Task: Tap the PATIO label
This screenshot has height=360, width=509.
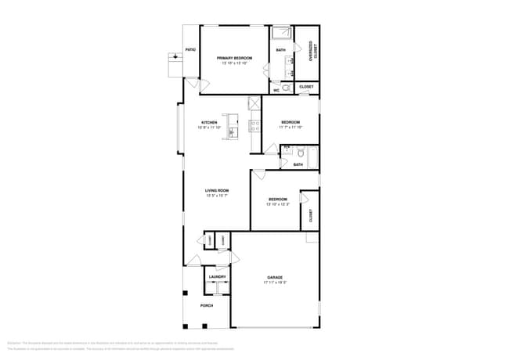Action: tap(190, 49)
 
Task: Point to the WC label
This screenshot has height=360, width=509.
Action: tap(276, 90)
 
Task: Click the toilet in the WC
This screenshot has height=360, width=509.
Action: tap(286, 88)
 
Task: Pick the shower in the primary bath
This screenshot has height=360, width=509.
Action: tap(281, 34)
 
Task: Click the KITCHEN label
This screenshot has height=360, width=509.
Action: tap(209, 122)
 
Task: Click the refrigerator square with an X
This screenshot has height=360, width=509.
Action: tap(254, 103)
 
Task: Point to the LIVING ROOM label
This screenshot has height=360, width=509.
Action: tap(217, 190)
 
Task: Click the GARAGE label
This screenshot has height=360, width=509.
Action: tap(275, 278)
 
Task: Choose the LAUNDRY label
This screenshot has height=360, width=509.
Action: tap(218, 276)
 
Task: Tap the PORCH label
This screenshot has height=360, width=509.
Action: tap(207, 305)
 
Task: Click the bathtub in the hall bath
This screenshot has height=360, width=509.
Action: tap(313, 157)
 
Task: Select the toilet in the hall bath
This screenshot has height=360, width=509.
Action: tap(288, 149)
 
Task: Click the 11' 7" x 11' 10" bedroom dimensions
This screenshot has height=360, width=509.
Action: tap(291, 127)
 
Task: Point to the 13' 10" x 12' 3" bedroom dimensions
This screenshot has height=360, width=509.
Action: tap(278, 204)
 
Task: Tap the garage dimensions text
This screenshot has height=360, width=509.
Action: tap(275, 283)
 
